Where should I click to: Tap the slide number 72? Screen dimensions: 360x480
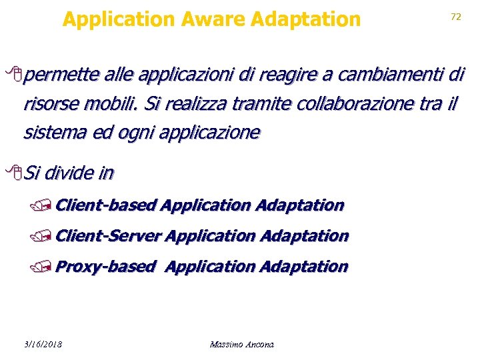pos(456,17)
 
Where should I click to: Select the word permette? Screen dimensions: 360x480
pos(60,75)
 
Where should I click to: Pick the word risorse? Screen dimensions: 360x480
pos(49,104)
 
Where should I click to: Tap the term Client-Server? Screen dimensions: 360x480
pos(108,235)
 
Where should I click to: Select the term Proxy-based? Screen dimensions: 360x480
pos(105,267)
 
